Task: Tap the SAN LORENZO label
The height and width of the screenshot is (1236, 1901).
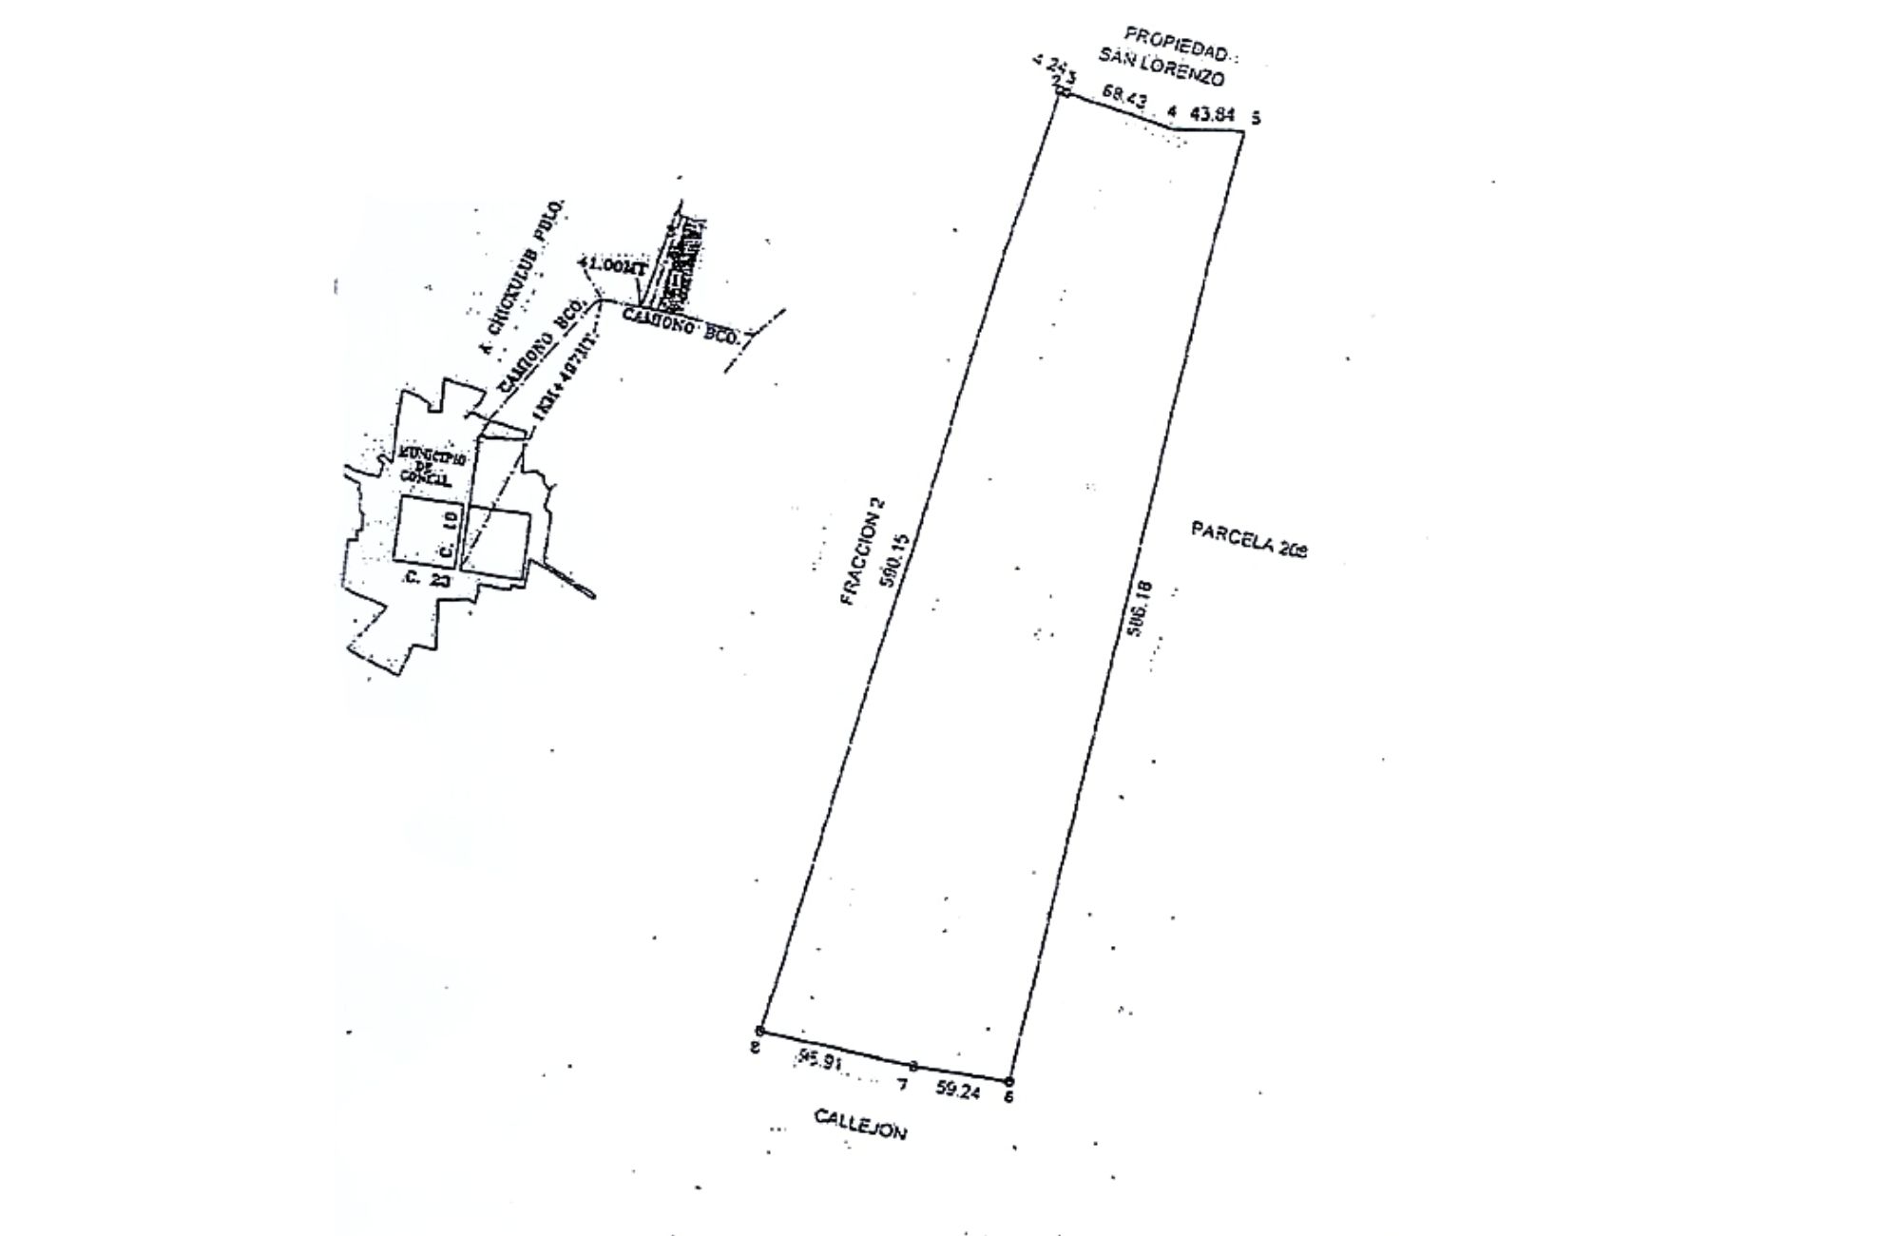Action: [1162, 68]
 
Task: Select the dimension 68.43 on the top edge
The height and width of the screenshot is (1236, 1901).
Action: [1123, 95]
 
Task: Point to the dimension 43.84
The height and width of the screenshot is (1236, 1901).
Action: [1212, 115]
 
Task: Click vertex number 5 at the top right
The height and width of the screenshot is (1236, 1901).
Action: [1256, 119]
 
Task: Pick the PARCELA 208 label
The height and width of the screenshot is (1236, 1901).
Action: [1249, 539]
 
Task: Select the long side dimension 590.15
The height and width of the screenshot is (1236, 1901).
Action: [896, 562]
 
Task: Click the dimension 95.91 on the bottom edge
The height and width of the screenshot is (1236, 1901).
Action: [820, 1060]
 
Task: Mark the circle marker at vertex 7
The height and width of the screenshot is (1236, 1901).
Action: [913, 1067]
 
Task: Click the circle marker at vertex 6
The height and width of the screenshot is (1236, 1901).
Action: [1009, 1081]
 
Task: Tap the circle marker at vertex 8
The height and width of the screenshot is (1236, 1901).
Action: [759, 1031]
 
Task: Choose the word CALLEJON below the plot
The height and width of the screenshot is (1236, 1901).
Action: [860, 1124]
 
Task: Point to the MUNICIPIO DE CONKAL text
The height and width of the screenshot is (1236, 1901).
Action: [432, 467]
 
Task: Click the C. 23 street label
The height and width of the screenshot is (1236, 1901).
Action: [427, 579]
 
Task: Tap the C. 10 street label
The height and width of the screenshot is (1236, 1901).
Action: [451, 532]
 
